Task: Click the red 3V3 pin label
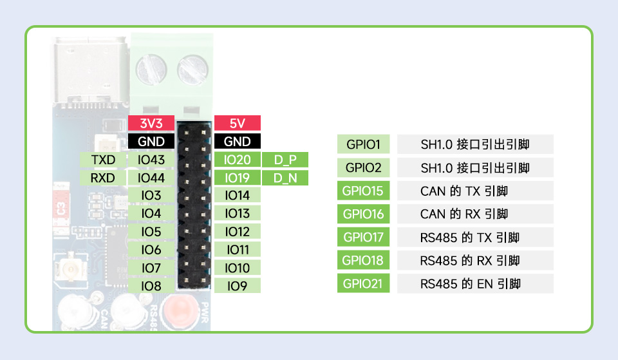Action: point(151,123)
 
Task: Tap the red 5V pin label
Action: point(237,123)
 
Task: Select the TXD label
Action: point(103,159)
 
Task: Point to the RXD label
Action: point(103,177)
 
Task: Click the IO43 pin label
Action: point(151,159)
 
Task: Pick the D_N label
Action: point(285,178)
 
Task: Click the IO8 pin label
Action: point(151,285)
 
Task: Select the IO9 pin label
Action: point(237,285)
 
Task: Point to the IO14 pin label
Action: point(237,195)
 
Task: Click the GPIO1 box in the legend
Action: point(364,144)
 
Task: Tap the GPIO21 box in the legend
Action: point(364,283)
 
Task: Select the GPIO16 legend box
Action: point(364,214)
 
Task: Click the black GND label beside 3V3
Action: point(151,141)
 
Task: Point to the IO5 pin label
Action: point(151,231)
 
